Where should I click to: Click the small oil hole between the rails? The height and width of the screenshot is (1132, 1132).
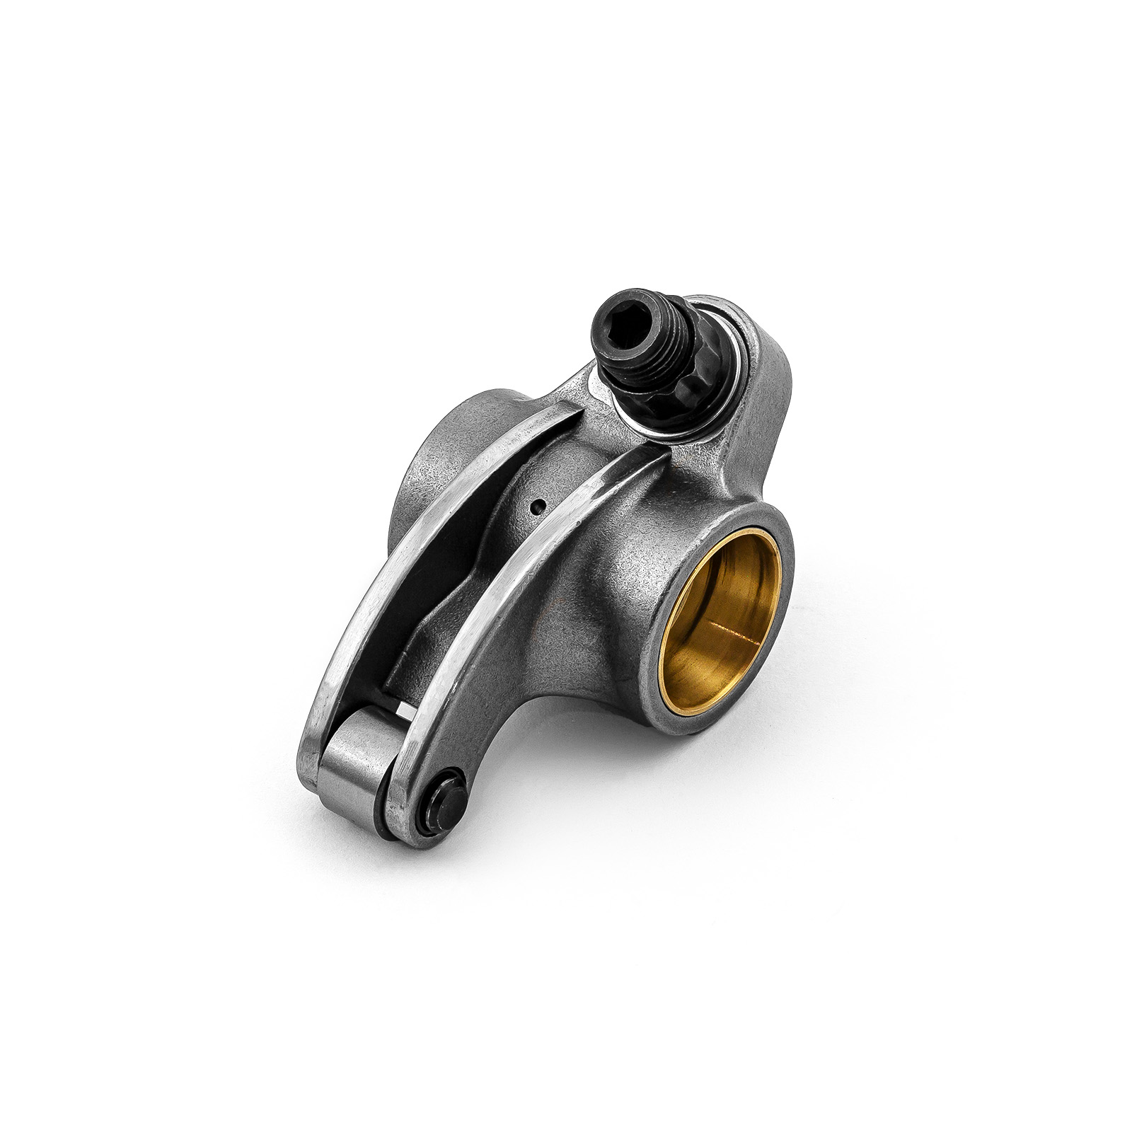pyautogui.click(x=538, y=505)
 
